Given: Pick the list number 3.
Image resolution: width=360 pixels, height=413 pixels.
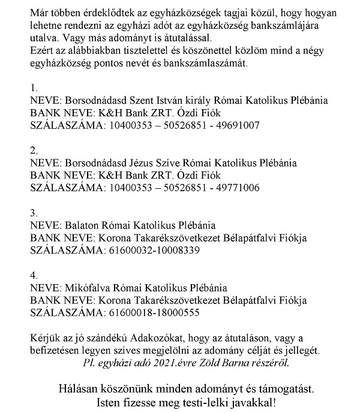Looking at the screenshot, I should (x=34, y=212).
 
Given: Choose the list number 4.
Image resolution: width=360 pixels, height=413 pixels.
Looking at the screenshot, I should (x=34, y=275).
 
